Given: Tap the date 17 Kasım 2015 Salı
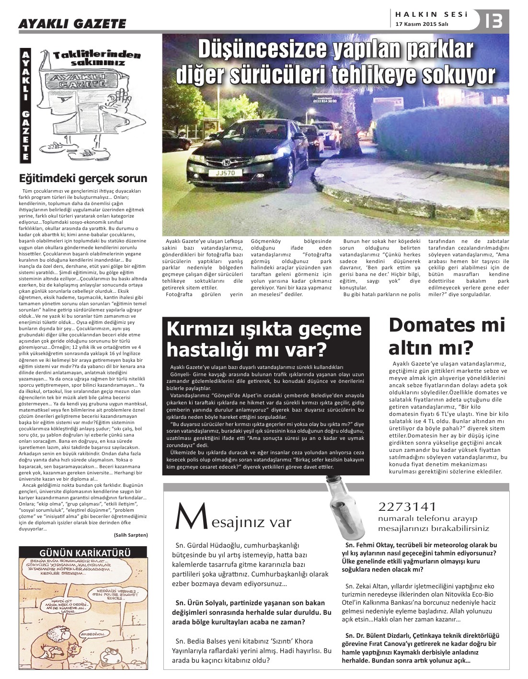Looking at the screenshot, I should click(422, 24).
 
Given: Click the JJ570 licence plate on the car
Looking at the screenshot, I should click(226, 173).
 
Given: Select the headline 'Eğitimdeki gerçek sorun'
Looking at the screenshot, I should click(83, 179).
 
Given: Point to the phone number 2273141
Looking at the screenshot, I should click(407, 507).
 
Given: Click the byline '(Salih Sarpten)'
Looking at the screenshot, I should click(131, 535).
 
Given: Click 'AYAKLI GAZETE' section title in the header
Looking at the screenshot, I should click(72, 24).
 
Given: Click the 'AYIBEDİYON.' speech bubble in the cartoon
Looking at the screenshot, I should click(93, 633).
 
